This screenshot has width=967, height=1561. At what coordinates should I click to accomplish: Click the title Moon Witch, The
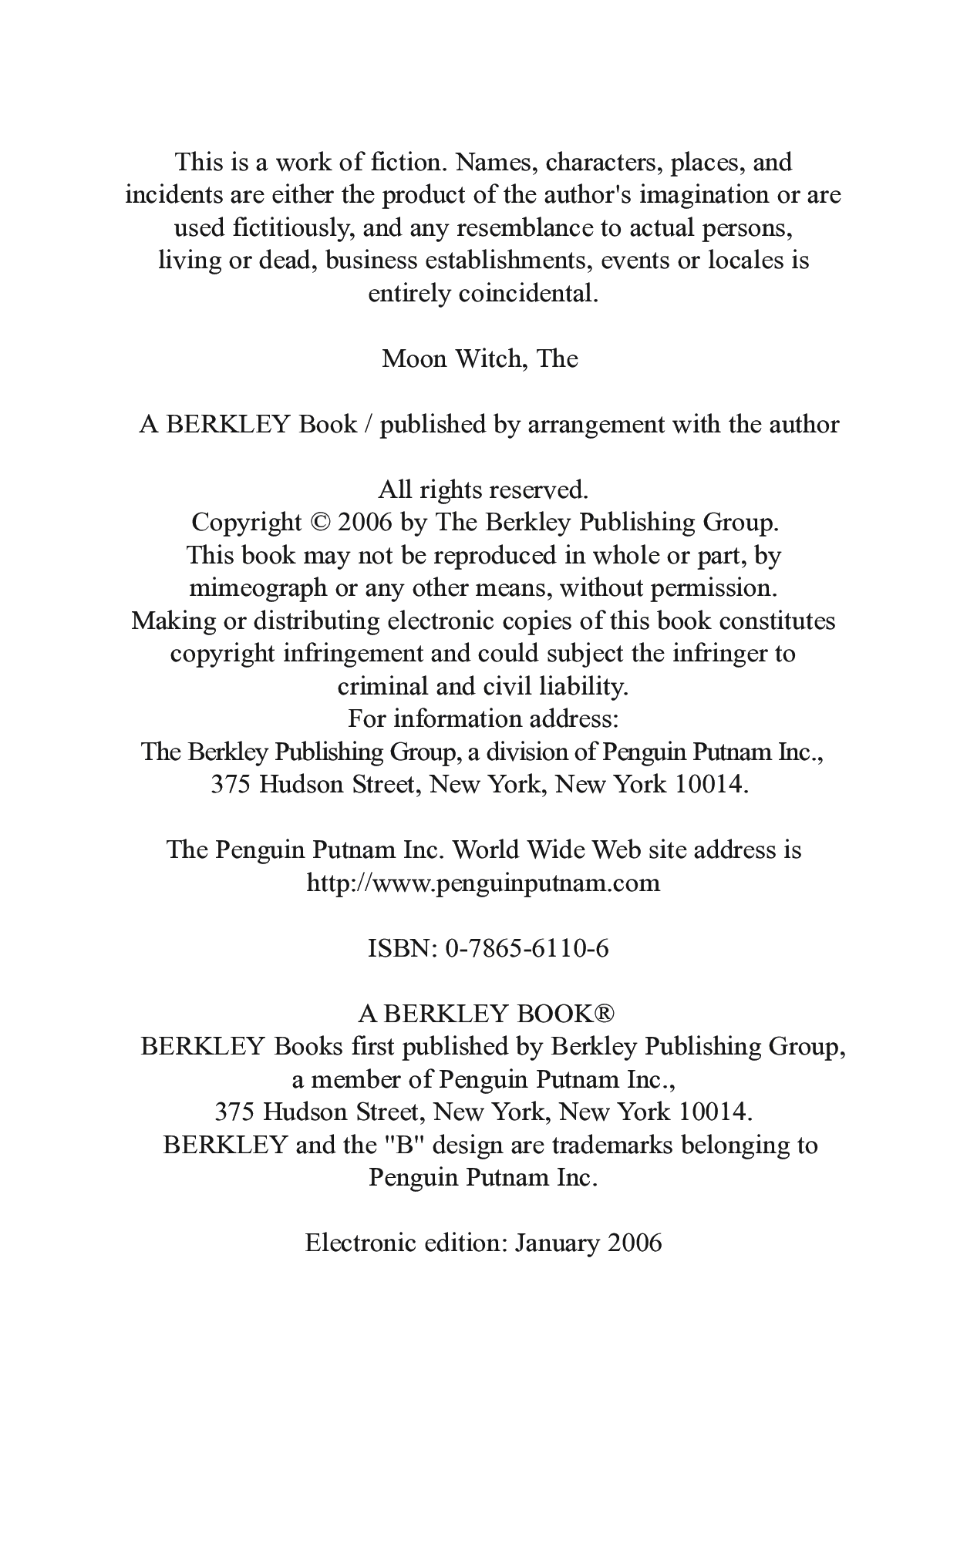[480, 358]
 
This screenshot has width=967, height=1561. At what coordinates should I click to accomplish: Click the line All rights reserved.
[484, 489]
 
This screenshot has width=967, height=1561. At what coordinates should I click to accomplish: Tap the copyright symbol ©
[319, 523]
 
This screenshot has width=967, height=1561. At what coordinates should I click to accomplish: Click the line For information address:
[484, 719]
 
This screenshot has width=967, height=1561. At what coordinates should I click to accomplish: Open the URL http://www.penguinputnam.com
[484, 883]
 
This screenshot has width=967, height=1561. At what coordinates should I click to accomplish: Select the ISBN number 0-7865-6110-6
[527, 948]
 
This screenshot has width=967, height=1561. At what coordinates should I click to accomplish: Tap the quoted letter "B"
[406, 1145]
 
